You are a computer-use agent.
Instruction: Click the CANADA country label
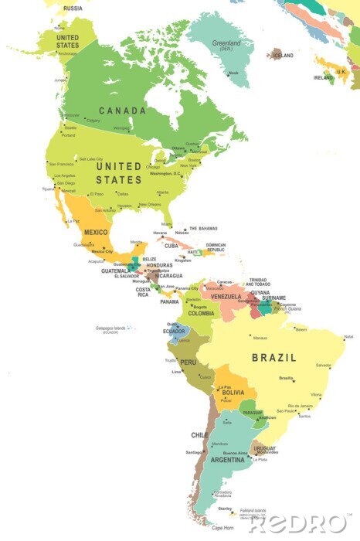coord(121,111)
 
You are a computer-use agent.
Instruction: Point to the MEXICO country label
coord(97,231)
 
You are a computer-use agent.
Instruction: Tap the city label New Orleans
coord(149,205)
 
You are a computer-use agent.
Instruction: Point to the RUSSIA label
coord(73,8)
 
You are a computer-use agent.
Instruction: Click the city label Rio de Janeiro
coord(300,406)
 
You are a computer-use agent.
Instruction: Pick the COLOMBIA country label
coord(201,313)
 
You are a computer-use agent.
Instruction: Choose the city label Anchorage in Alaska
coord(68,53)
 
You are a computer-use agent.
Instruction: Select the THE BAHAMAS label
coord(204,229)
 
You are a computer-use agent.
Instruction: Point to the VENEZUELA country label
coord(226,297)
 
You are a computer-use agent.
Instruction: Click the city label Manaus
coord(260,338)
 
